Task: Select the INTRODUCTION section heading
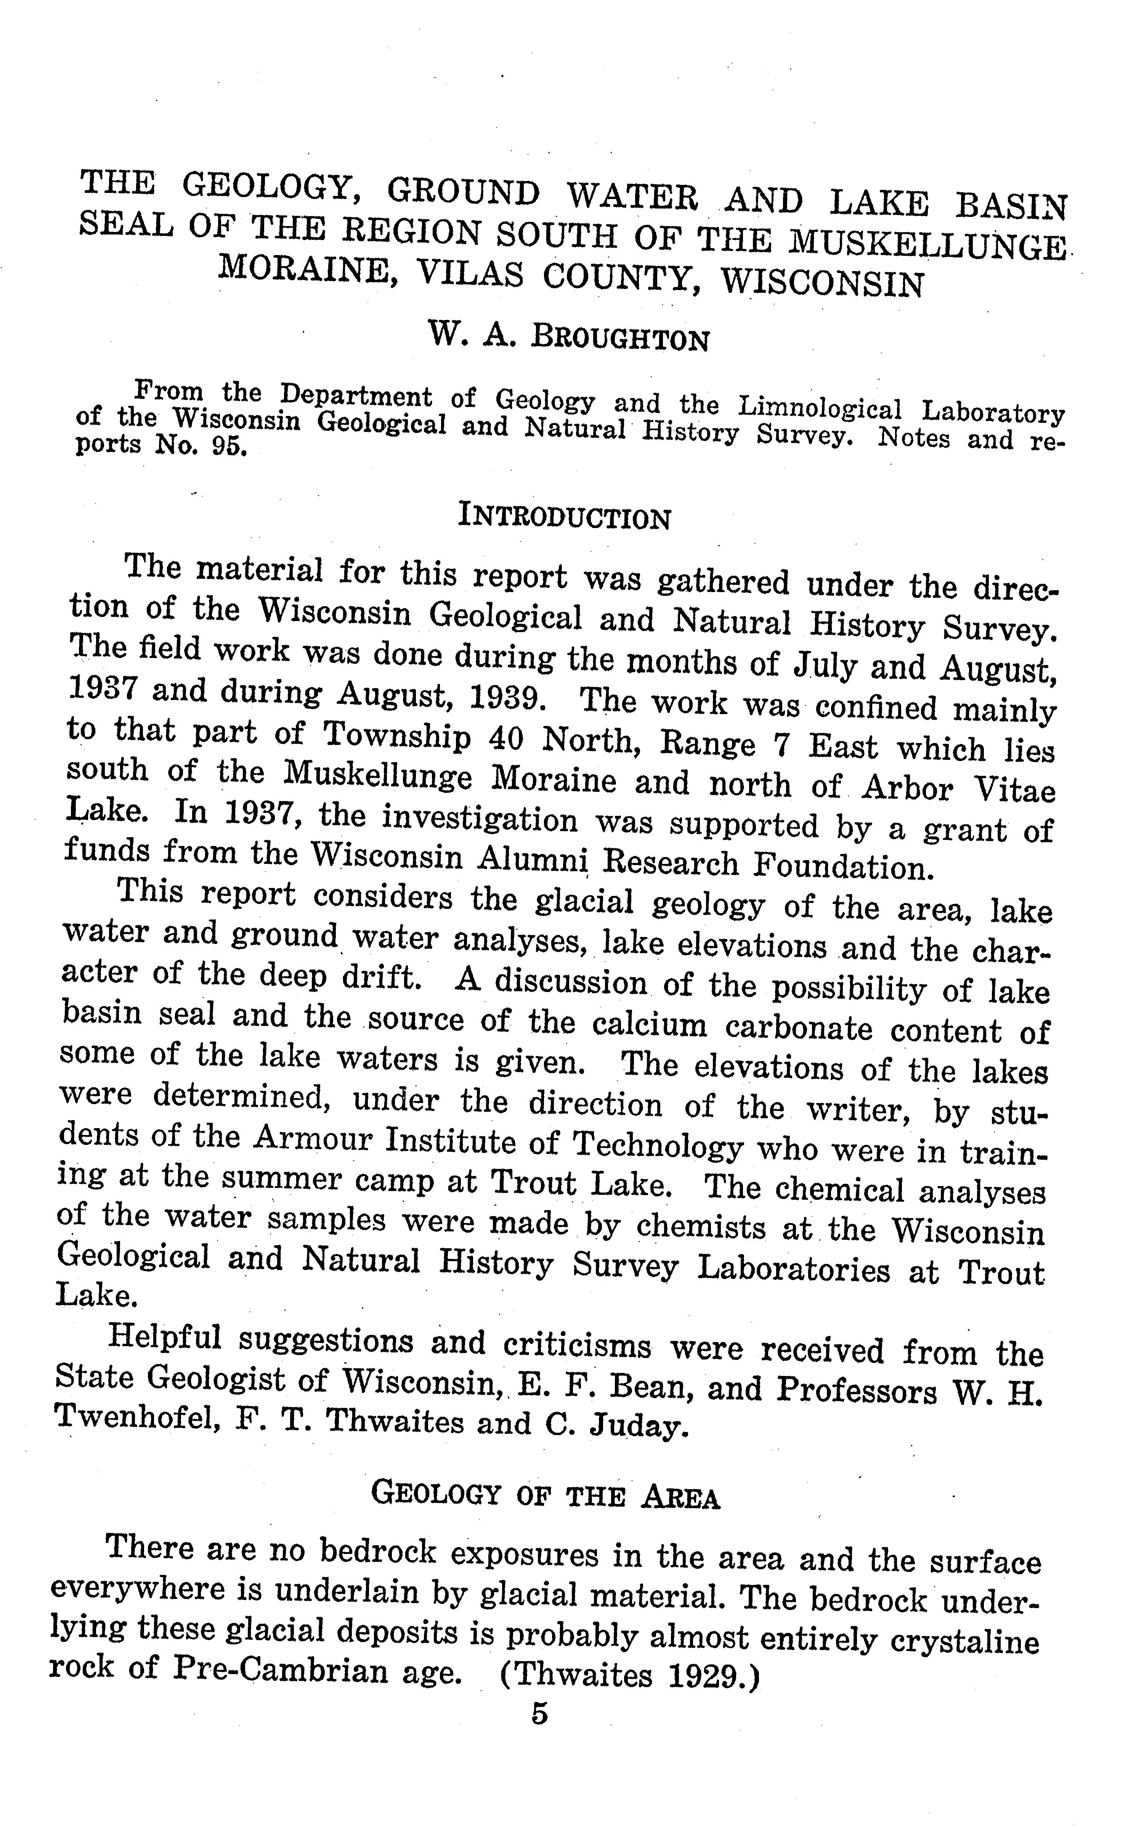564,516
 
